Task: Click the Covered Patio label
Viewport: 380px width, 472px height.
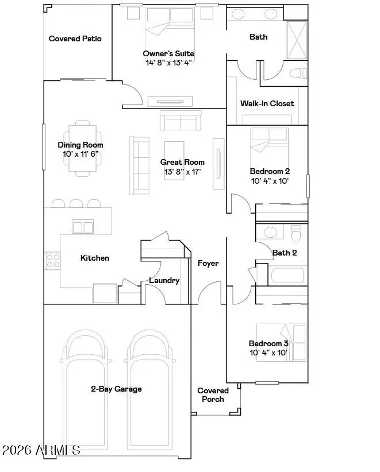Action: tap(75, 38)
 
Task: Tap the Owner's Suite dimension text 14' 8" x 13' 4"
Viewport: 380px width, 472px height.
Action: tap(169, 63)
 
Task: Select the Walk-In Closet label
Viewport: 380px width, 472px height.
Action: tap(267, 103)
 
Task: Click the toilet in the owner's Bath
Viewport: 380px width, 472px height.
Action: tap(298, 73)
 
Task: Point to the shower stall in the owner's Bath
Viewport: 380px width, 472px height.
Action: tap(296, 40)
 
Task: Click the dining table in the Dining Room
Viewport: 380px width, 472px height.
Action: tap(83, 148)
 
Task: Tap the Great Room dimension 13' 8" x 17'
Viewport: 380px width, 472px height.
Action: tap(183, 172)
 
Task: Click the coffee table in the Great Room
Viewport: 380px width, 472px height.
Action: tap(174, 160)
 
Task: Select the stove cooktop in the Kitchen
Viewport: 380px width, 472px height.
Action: tap(53, 261)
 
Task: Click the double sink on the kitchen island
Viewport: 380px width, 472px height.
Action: tap(83, 227)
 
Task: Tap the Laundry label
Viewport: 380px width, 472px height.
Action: tap(164, 281)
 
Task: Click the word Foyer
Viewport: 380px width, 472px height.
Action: tap(208, 263)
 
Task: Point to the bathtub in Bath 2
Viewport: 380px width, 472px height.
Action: tap(287, 276)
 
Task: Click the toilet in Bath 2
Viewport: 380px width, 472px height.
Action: tap(296, 233)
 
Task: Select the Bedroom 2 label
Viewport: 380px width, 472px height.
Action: tap(270, 171)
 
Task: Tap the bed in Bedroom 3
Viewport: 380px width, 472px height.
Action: tap(281, 343)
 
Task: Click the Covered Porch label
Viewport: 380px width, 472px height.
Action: tap(213, 395)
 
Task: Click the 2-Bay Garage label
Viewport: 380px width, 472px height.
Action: tap(116, 389)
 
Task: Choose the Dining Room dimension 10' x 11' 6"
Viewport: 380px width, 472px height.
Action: tap(80, 154)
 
